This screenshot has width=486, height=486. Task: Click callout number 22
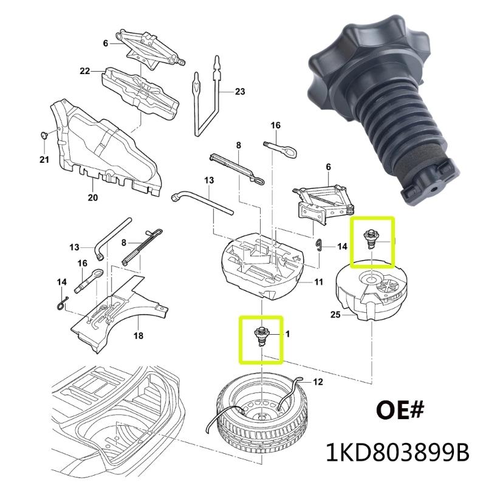84,71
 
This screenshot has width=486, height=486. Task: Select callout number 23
239,92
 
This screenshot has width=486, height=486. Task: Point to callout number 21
43,160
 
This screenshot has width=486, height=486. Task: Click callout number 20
92,197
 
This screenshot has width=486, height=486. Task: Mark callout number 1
287,334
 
